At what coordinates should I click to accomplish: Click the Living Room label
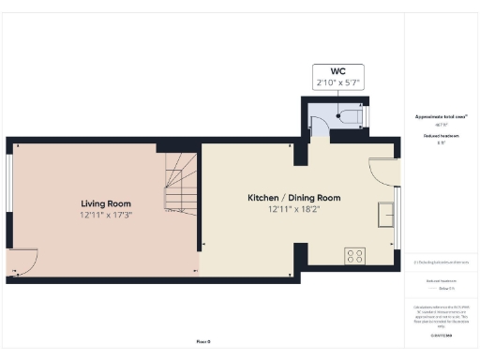(x=105, y=203)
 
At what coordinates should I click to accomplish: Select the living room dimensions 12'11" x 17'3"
(x=105, y=216)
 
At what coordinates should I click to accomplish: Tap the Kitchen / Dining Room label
(x=293, y=198)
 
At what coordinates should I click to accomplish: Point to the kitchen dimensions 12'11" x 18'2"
(x=293, y=210)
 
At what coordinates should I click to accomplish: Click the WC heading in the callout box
(x=337, y=71)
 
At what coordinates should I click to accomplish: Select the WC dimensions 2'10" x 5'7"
(x=337, y=82)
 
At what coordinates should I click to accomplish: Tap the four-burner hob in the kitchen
(x=355, y=254)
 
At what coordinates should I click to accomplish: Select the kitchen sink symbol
(x=385, y=214)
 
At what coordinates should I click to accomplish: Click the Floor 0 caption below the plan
(x=202, y=342)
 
